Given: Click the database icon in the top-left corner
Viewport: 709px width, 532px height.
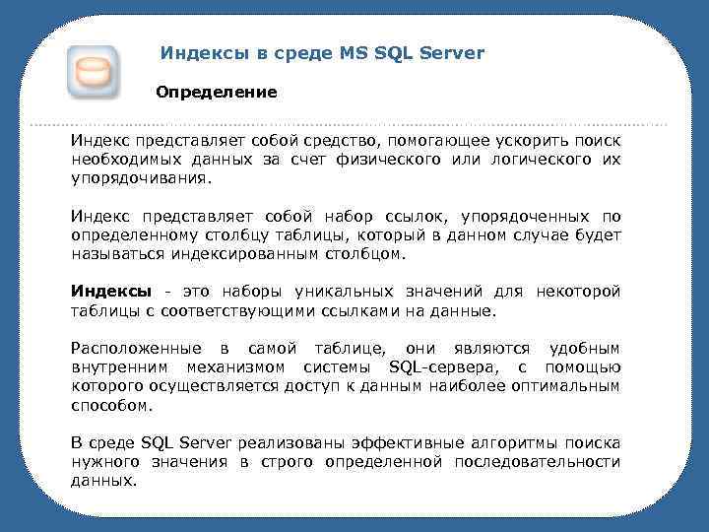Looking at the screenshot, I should (x=93, y=72).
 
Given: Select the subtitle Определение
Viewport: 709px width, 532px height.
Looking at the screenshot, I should (x=217, y=92).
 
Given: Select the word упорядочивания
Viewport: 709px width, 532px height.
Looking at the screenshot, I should (x=141, y=181).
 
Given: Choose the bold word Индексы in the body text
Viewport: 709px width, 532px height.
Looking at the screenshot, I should (x=111, y=291).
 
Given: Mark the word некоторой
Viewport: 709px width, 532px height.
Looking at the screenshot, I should (x=577, y=291).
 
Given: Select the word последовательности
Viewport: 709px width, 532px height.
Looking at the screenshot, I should (x=536, y=462).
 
